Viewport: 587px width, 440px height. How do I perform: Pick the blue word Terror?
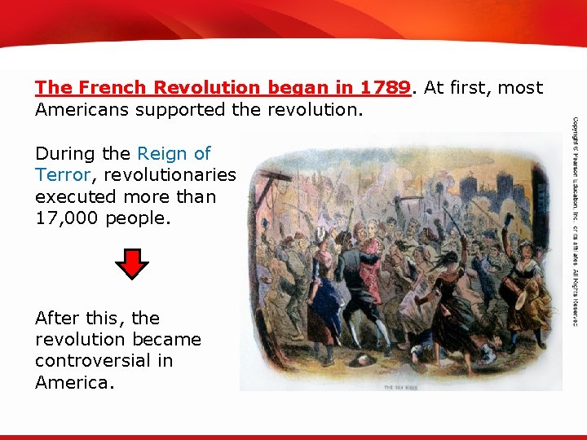62,175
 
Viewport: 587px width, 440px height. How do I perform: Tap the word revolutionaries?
169,175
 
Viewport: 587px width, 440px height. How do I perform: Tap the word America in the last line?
71,382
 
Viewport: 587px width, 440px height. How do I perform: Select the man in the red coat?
372,269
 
